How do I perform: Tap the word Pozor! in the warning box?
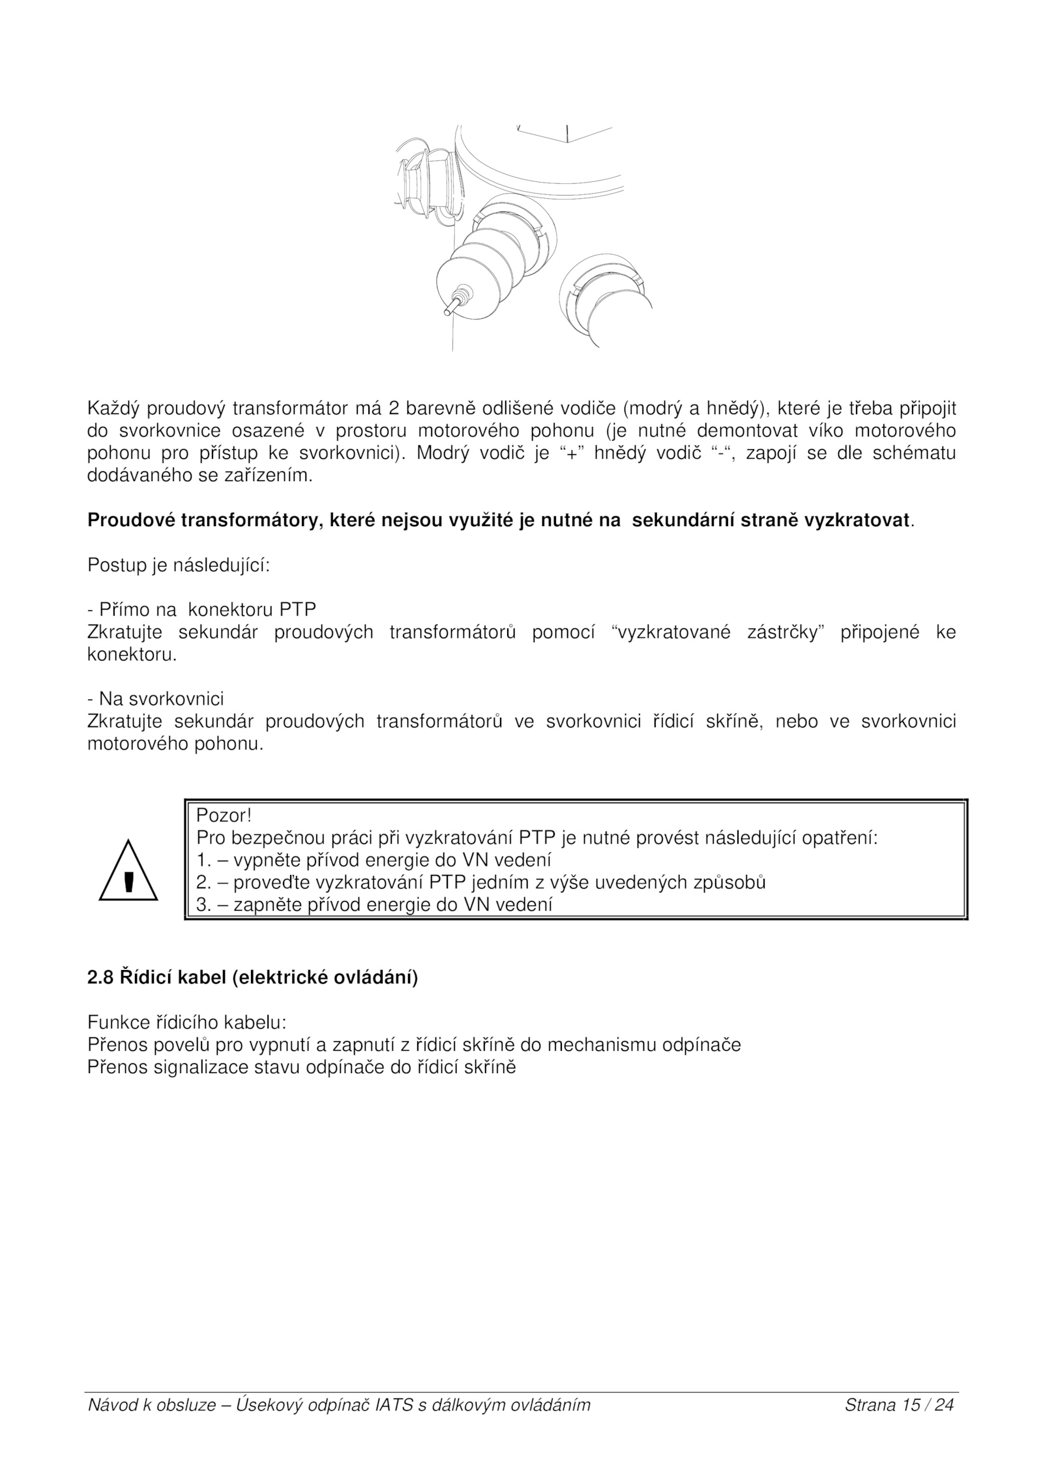pyautogui.click(x=224, y=816)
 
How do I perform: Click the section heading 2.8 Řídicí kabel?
pyautogui.click(x=252, y=979)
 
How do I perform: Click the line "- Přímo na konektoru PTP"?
pyautogui.click(x=201, y=610)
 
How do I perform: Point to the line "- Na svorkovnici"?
pyautogui.click(x=155, y=699)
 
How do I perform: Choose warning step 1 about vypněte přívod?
pyautogui.click(x=374, y=860)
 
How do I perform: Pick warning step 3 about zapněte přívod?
pyautogui.click(x=374, y=905)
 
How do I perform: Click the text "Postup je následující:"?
pyautogui.click(x=179, y=565)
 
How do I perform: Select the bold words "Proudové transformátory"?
pyautogui.click(x=207, y=520)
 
